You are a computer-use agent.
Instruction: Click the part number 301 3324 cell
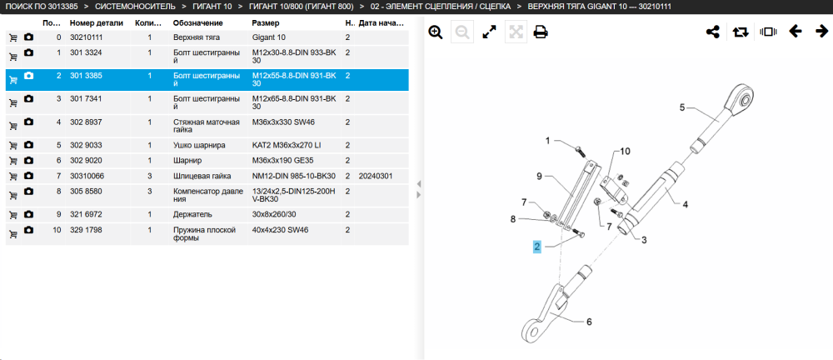(x=86, y=52)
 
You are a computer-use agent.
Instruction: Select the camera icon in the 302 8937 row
(x=28, y=122)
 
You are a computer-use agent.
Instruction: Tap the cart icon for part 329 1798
(x=13, y=232)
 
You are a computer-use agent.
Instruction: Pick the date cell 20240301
(x=376, y=176)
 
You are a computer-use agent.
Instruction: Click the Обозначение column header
(x=197, y=23)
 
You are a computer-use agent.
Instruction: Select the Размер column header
(x=266, y=23)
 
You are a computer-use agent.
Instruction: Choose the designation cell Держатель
(x=192, y=214)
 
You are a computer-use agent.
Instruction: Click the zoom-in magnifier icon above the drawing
(x=436, y=32)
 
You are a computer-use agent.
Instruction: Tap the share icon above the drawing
(x=712, y=32)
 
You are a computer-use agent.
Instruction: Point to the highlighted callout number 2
(x=537, y=246)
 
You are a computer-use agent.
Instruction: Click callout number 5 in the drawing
(x=683, y=107)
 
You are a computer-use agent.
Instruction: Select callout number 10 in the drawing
(x=625, y=152)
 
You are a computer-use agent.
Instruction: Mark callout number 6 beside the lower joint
(x=589, y=322)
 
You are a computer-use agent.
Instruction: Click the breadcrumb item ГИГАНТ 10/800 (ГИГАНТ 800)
(x=302, y=7)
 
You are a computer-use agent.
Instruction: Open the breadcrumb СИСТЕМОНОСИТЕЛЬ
(x=136, y=7)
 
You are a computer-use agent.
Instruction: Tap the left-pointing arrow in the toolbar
(x=796, y=32)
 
